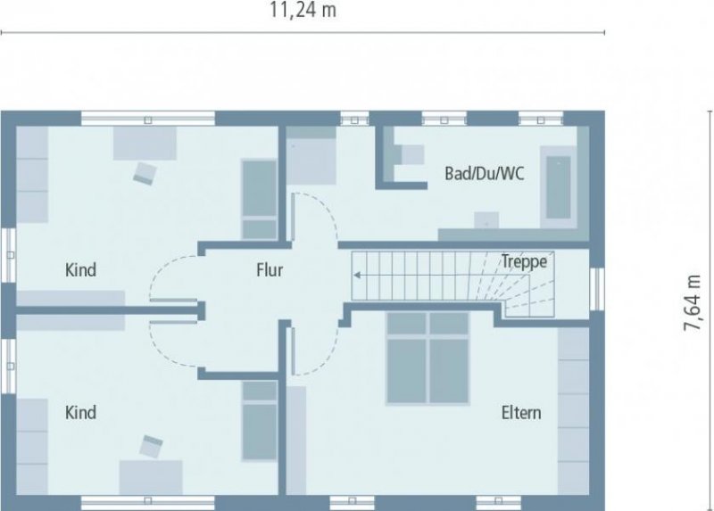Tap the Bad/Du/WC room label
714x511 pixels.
(x=484, y=173)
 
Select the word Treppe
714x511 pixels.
(x=523, y=261)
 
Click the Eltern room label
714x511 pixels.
(x=520, y=413)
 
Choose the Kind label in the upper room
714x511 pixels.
(x=80, y=269)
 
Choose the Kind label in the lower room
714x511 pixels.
(x=80, y=413)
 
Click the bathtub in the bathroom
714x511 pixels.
(x=559, y=188)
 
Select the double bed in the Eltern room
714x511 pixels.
(x=428, y=358)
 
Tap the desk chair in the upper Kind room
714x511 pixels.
(x=144, y=172)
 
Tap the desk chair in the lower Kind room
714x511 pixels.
(x=151, y=442)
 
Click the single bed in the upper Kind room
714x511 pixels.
(x=260, y=198)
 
